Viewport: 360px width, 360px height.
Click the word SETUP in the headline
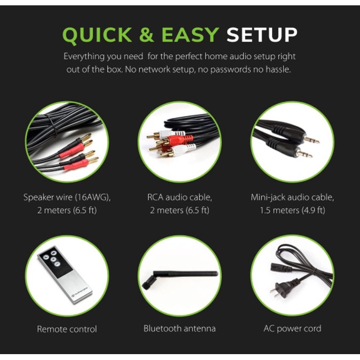262,35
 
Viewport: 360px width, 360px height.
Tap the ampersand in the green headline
147,35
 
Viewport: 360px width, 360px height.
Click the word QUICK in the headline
97,35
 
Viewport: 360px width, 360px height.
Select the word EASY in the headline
190,35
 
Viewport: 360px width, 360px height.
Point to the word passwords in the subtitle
230,69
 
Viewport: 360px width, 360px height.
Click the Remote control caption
67,329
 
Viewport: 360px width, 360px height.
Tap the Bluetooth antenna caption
180,329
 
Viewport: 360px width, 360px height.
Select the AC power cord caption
292,329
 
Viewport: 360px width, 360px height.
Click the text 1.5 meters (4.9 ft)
292,210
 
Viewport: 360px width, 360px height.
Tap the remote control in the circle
65,275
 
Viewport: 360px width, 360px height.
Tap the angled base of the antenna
149,282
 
